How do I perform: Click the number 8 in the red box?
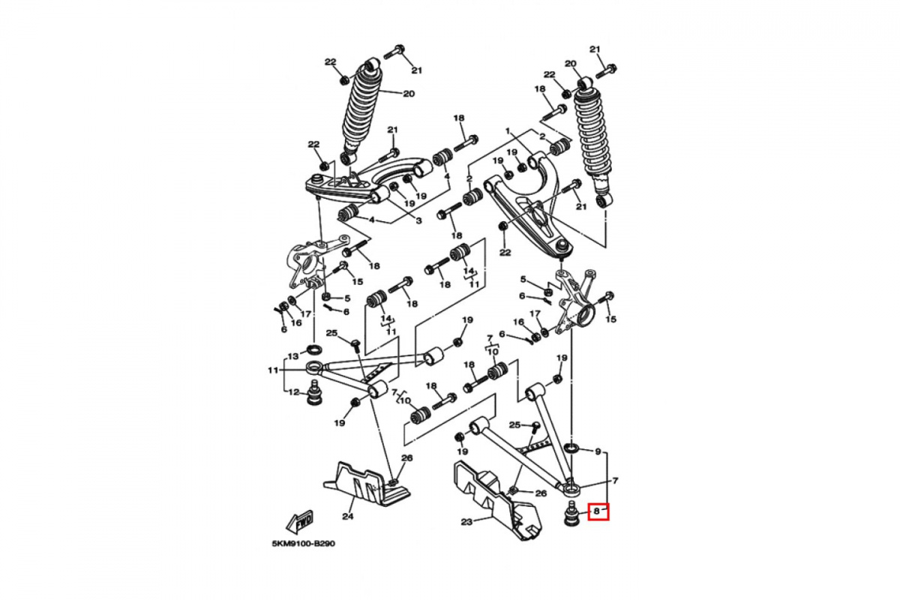596,511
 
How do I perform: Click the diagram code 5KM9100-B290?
303,544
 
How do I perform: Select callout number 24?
348,515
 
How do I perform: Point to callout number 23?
466,522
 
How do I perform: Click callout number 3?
418,220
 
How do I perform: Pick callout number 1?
508,131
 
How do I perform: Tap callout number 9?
598,451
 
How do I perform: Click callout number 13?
294,356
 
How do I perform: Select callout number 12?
294,391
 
